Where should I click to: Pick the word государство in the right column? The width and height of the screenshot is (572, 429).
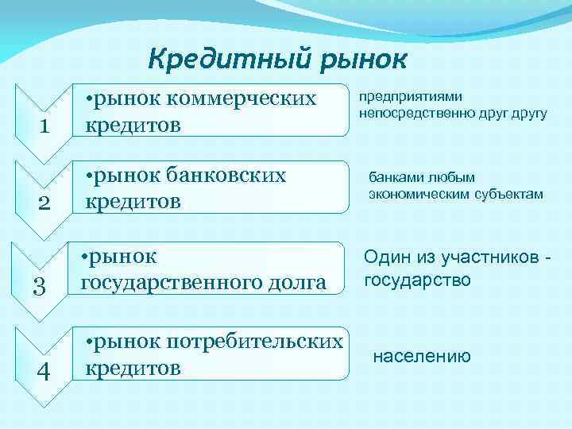click(417, 280)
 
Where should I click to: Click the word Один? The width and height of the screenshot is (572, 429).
click(386, 258)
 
